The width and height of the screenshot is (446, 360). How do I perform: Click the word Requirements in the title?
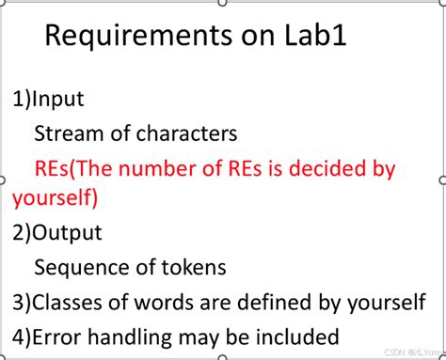coord(138,36)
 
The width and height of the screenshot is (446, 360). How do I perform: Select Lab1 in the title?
coord(315,35)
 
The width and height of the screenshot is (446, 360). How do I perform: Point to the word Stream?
coord(70,133)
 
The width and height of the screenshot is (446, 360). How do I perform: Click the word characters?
coord(186,133)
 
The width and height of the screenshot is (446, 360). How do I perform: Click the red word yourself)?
coord(56,198)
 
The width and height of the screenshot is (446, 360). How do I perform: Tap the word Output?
coord(67,233)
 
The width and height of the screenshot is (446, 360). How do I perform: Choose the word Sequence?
coord(82,268)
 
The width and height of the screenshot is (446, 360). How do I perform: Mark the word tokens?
coord(194,268)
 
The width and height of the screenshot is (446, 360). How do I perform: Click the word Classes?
coord(68,303)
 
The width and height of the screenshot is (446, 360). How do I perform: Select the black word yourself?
coord(387,304)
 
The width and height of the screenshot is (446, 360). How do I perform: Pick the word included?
coord(297,337)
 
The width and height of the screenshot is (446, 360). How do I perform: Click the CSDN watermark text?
coord(415,352)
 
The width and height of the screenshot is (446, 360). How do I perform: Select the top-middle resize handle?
coord(222,3)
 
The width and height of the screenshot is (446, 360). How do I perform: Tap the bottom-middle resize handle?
coord(222,357)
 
